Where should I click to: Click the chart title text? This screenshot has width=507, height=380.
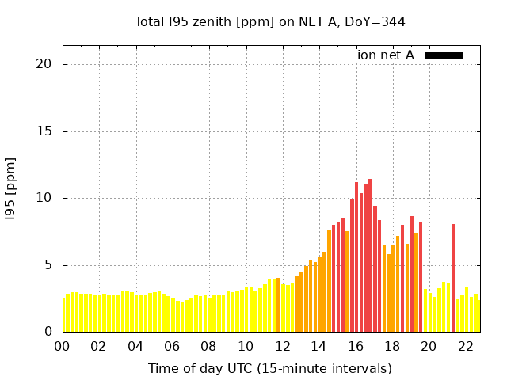[269, 21]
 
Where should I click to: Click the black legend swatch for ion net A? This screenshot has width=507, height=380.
[444, 55]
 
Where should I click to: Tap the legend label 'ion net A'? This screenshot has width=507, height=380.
[385, 55]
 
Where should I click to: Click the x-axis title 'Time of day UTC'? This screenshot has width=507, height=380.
[269, 368]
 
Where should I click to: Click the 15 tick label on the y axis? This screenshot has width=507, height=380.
[47, 131]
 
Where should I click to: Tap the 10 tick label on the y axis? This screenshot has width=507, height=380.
[47, 198]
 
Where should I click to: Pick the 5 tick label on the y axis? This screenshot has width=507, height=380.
[50, 265]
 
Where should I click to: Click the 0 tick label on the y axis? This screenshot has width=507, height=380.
[50, 332]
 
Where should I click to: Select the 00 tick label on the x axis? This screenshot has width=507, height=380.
[62, 347]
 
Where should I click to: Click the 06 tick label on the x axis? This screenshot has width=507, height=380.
[172, 347]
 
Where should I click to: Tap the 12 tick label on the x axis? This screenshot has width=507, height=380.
[282, 347]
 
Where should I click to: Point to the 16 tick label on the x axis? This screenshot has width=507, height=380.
[356, 347]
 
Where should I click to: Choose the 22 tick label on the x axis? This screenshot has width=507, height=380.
[466, 347]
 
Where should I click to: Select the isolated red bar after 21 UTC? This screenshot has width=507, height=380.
[453, 277]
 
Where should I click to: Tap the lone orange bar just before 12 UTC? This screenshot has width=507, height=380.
[278, 305]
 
